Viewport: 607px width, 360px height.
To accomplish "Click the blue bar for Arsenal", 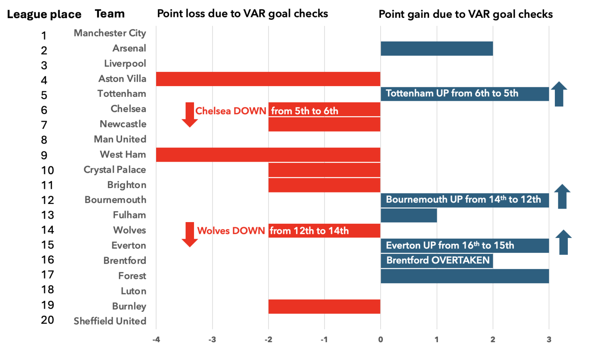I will (x=437, y=49).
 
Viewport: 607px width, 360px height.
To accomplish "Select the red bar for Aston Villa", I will (x=268, y=79).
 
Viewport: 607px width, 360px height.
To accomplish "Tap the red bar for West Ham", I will (x=268, y=155).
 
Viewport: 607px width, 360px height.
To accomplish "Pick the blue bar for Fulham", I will (x=409, y=215).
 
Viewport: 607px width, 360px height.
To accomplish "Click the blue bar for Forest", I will (x=465, y=276).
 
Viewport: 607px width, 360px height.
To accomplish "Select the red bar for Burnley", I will (x=324, y=307).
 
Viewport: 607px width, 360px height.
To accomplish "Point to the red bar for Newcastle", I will (x=324, y=124).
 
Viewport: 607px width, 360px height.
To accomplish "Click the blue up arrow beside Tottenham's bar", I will (x=559, y=94).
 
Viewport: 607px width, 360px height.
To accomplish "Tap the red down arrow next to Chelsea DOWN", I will (x=190, y=115).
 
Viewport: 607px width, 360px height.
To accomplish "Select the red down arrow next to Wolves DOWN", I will (x=190, y=234).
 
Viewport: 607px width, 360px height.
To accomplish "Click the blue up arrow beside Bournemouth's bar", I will (x=562, y=196).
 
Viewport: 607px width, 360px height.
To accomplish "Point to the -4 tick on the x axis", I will (x=156, y=339).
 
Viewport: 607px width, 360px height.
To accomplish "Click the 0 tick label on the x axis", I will (x=381, y=339).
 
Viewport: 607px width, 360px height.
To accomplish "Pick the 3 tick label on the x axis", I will (x=549, y=339).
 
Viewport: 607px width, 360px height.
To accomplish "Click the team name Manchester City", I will (x=110, y=33).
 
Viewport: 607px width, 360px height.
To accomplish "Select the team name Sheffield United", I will (x=110, y=321).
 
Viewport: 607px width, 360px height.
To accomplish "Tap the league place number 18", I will (x=47, y=290).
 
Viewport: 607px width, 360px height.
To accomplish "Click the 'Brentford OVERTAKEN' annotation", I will (x=438, y=260).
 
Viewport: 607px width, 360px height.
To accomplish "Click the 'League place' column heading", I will (x=44, y=15).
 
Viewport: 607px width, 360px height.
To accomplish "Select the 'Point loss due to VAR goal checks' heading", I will (x=243, y=14).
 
